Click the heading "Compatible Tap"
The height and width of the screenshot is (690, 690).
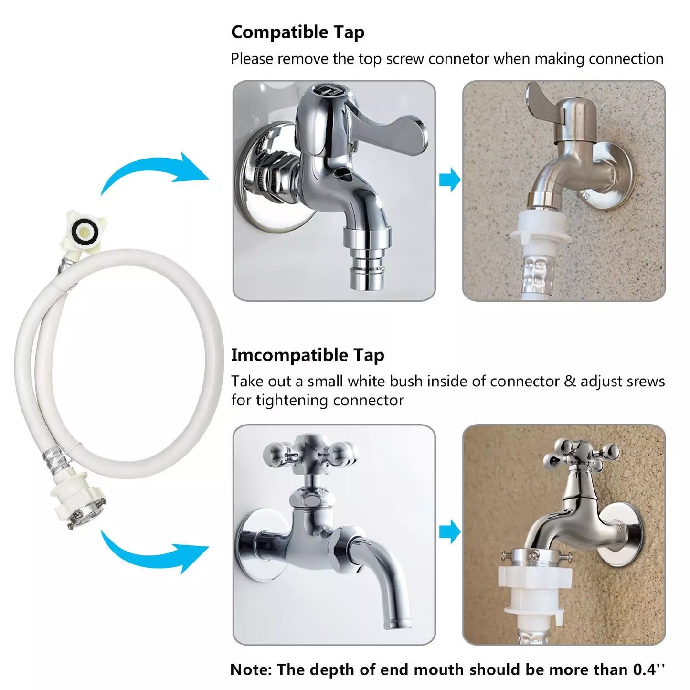[297, 32]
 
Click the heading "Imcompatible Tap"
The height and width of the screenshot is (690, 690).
[308, 356]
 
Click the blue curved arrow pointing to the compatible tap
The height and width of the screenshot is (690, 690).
[154, 171]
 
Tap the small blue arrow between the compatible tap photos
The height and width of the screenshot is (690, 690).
[450, 180]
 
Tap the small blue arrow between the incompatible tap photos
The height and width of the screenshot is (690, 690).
[450, 531]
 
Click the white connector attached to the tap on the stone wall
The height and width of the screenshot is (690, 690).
[538, 229]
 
